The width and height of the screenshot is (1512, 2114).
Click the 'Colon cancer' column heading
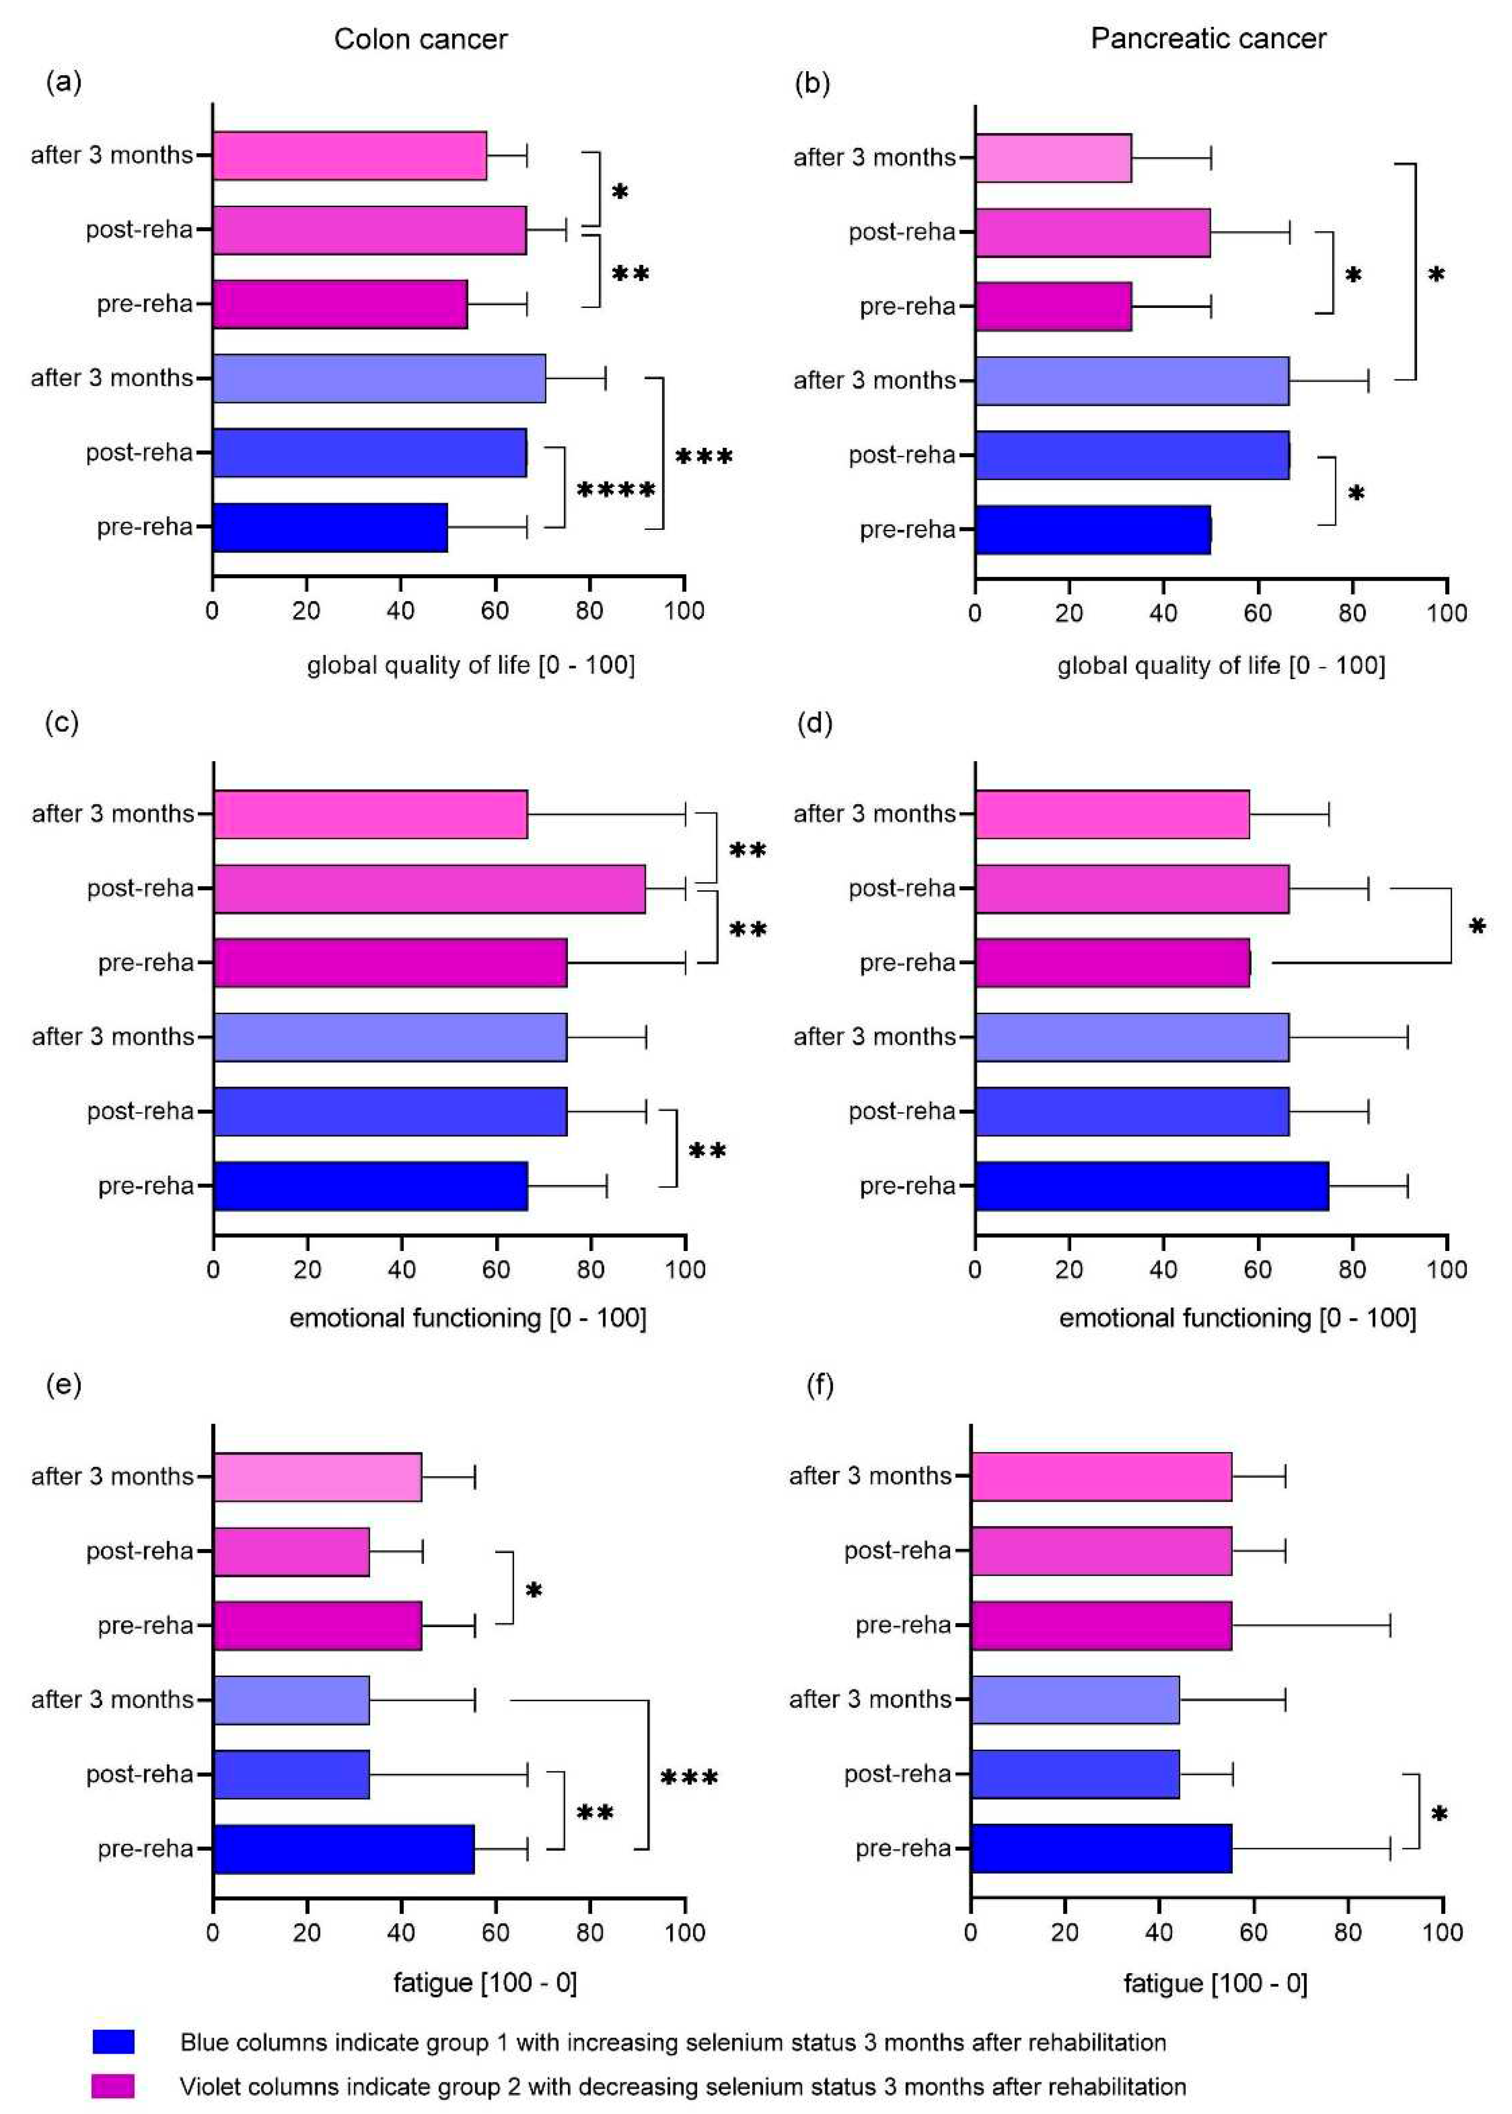tap(420, 39)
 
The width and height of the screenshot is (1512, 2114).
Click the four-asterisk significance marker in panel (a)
tap(616, 490)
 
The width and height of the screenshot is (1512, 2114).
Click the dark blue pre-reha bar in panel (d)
tap(1152, 1186)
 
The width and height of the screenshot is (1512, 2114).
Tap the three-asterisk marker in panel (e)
tap(689, 1778)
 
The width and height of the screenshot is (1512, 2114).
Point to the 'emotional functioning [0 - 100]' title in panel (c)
tap(468, 1318)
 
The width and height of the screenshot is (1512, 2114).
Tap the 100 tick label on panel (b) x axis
tap(1446, 612)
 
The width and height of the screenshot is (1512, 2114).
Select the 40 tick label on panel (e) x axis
tap(401, 1933)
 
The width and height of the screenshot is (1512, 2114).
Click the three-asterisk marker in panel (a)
tap(704, 456)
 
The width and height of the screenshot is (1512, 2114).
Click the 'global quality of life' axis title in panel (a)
tap(471, 665)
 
